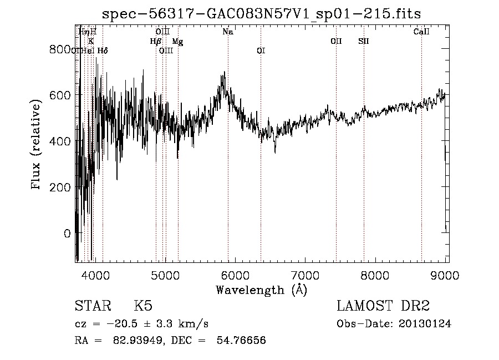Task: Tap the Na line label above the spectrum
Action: click(228, 32)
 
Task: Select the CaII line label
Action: click(421, 32)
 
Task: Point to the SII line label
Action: click(364, 41)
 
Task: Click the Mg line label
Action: click(177, 41)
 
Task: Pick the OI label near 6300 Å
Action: click(261, 50)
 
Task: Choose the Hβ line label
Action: click(155, 41)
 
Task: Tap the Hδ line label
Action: click(103, 50)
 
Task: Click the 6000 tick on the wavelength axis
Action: click(235, 274)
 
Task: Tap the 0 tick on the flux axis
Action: click(68, 233)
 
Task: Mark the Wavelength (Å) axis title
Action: click(261, 290)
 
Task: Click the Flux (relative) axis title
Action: click(37, 145)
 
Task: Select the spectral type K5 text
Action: click(143, 307)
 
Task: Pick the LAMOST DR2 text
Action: click(383, 307)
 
